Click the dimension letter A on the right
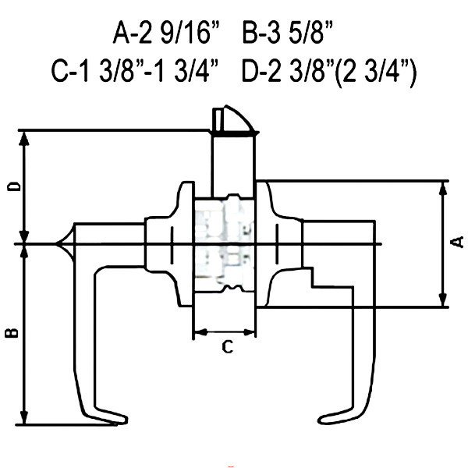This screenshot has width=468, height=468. pyautogui.click(x=457, y=242)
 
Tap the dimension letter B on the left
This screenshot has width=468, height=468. pyautogui.click(x=12, y=332)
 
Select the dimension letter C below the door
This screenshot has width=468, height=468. pyautogui.click(x=228, y=347)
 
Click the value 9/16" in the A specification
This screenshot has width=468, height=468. pyautogui.click(x=190, y=33)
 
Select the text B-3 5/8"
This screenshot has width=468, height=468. pyautogui.click(x=287, y=33)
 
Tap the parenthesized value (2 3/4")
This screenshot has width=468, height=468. pyautogui.click(x=375, y=73)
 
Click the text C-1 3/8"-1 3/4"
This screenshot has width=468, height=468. pyautogui.click(x=135, y=71)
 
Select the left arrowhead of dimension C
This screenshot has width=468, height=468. pyautogui.click(x=201, y=331)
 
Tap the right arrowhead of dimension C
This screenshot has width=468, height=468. pyautogui.click(x=249, y=331)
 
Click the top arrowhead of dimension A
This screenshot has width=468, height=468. pyautogui.click(x=443, y=189)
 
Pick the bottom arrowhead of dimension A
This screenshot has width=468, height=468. pyautogui.click(x=443, y=300)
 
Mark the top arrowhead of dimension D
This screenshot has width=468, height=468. pyautogui.click(x=24, y=139)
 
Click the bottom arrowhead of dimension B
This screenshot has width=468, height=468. pyautogui.click(x=24, y=417)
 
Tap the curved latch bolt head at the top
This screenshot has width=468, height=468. pyautogui.click(x=233, y=119)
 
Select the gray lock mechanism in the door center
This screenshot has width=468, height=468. pyautogui.click(x=224, y=243)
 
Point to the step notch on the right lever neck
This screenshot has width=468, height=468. pyautogui.click(x=312, y=278)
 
